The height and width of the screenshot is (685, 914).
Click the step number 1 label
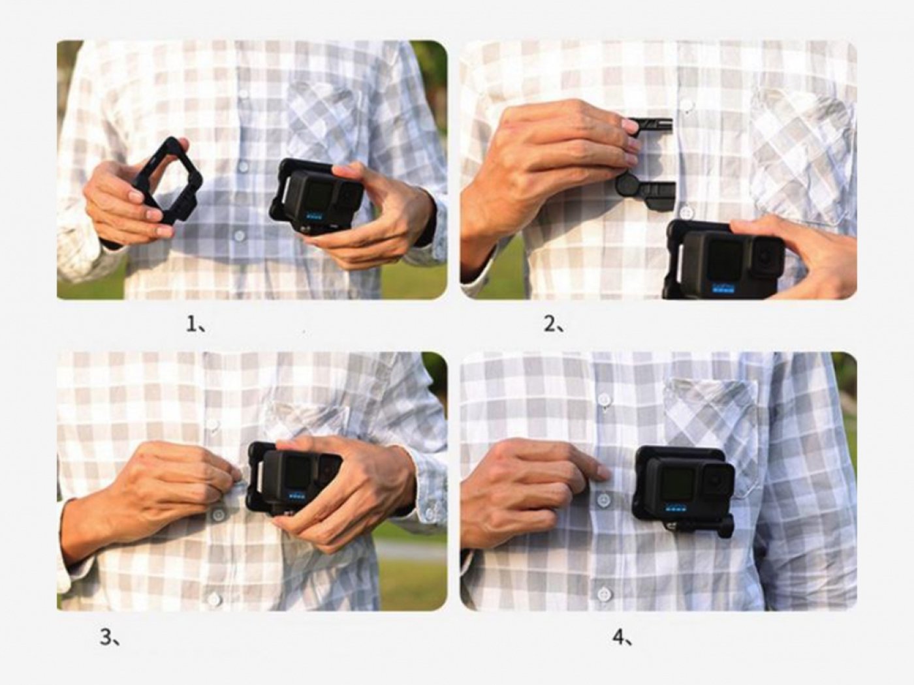(x=195, y=324)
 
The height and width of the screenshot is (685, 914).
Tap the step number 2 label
(x=554, y=325)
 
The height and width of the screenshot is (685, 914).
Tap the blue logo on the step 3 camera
(x=298, y=496)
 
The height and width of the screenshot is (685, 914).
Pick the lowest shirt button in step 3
(x=215, y=599)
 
